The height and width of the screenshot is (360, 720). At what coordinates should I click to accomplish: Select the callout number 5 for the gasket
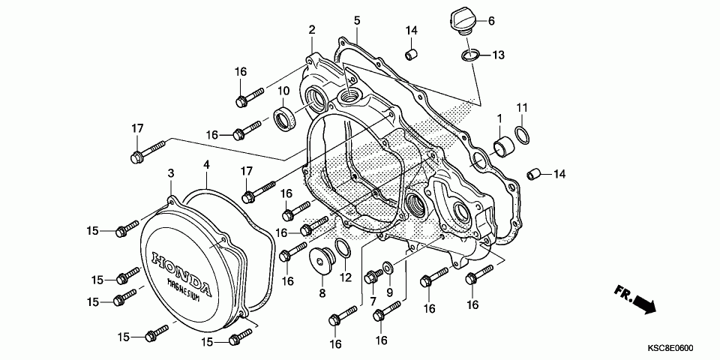point(357,19)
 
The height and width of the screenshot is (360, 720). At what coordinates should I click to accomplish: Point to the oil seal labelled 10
point(285,118)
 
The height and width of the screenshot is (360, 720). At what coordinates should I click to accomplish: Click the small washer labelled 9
point(388,266)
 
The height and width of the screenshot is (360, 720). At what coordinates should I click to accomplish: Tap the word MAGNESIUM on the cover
point(183,289)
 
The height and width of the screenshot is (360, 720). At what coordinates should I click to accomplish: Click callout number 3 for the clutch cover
point(171,173)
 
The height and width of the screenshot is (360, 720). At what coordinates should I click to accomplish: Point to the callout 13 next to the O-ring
point(499,55)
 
